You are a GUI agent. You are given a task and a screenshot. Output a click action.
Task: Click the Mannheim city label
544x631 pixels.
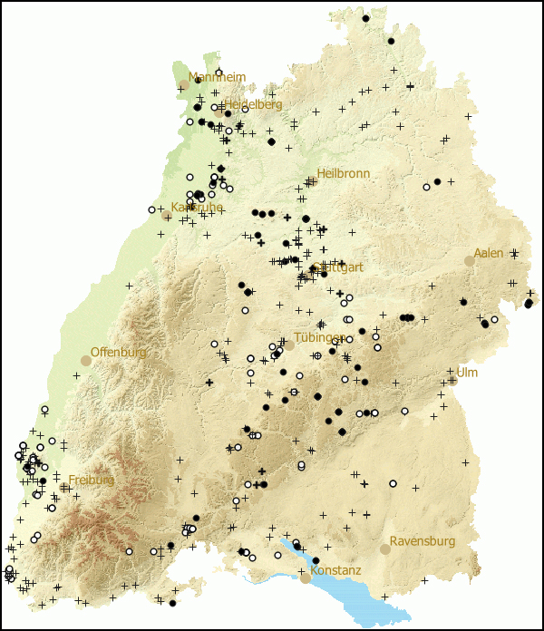tap(217, 77)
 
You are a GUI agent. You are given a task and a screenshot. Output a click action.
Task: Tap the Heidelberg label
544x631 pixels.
tap(253, 104)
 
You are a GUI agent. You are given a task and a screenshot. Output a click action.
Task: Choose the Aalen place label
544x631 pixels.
tap(488, 253)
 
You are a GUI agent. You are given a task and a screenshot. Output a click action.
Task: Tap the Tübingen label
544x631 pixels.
tap(319, 338)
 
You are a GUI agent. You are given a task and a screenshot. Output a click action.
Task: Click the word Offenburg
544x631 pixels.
tap(118, 352)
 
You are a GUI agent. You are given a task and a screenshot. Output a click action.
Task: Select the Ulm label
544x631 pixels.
tap(466, 373)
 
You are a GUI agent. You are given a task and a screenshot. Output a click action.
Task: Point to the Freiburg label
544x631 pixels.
tap(91, 480)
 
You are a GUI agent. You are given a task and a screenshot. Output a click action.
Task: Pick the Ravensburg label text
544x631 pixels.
tap(423, 541)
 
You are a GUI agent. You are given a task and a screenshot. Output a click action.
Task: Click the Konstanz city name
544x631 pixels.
tap(335, 571)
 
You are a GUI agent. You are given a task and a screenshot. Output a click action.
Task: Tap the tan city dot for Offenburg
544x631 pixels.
tap(86, 360)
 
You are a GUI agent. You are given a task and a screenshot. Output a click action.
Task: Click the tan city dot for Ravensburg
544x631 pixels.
tap(385, 548)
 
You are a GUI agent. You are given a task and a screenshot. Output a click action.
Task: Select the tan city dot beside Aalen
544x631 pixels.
tap(469, 261)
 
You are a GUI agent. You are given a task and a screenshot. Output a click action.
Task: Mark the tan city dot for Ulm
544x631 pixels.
tap(452, 381)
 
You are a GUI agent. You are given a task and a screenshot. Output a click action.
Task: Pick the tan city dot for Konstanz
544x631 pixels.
tap(306, 578)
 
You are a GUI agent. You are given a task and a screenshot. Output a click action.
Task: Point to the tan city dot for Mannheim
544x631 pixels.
tap(184, 84)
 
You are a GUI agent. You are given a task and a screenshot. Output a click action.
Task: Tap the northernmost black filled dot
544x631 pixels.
tap(365, 18)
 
